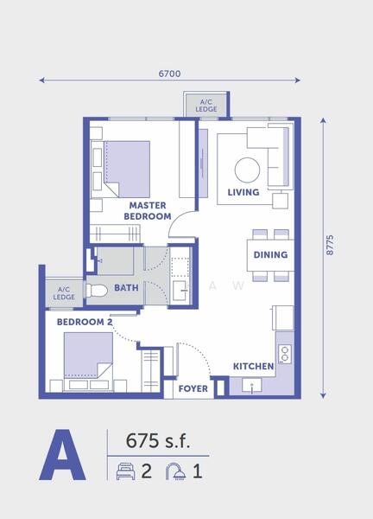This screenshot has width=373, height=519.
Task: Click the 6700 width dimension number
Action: pos(169,74)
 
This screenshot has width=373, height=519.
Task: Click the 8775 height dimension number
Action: pos(330,245)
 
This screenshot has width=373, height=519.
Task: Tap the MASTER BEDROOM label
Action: pos(148,211)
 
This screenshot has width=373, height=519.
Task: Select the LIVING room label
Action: pos(243,192)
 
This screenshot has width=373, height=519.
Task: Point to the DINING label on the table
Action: pos(270,255)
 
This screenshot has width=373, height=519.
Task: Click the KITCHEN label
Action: pos(253,367)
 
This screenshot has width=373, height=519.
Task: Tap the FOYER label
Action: pos(193,388)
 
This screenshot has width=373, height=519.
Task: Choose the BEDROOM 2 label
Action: pos(85,322)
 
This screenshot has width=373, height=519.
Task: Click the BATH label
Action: pos(126,288)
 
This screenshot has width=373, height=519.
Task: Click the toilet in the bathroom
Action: pos(97,291)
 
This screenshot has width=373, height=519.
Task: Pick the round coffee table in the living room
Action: pos(247,170)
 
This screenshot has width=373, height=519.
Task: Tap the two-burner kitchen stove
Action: pos(284,354)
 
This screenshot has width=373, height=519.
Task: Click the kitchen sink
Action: pos(252,386)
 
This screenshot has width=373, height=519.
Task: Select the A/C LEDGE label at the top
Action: pos(206,106)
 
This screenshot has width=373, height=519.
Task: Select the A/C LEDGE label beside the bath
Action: pos(64,293)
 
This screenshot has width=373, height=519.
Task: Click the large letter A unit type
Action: pos(62,455)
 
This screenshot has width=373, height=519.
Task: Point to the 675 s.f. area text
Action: pos(158,441)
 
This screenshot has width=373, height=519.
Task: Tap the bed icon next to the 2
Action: pos(125,471)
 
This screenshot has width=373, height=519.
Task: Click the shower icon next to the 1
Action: pos(176,471)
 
